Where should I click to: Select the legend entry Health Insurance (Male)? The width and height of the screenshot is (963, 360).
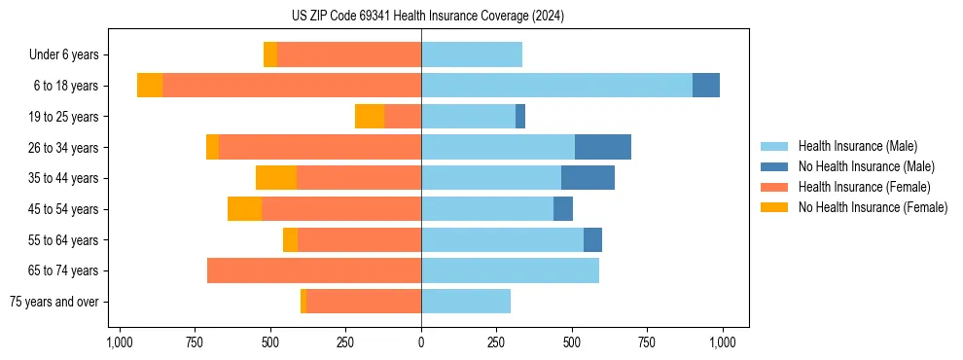(857, 146)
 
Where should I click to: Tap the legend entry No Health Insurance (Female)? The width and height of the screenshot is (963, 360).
(873, 207)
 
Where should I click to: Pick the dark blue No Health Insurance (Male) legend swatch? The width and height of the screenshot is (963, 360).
(775, 166)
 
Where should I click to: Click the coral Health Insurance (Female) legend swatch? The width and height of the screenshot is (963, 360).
(775, 187)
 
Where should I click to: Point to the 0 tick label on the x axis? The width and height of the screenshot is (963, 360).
(421, 342)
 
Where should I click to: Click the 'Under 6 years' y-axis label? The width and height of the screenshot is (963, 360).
(63, 54)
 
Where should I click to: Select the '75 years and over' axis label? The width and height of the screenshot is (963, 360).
(53, 302)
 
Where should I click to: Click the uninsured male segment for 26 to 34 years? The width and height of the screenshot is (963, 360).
(603, 147)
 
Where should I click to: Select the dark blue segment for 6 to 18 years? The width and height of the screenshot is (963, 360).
(706, 86)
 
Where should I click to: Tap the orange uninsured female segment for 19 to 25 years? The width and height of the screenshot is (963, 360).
(370, 117)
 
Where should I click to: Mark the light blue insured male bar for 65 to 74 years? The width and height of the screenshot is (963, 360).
(510, 270)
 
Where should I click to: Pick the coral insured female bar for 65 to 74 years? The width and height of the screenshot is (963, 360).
(314, 270)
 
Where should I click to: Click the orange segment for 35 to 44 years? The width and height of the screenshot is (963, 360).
(276, 178)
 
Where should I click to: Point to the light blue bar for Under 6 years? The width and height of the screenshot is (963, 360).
(472, 54)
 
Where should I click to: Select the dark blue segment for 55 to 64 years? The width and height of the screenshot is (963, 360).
(592, 239)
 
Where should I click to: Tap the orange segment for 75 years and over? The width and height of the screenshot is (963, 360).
(303, 302)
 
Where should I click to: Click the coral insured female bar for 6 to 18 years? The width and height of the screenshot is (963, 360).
(292, 86)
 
